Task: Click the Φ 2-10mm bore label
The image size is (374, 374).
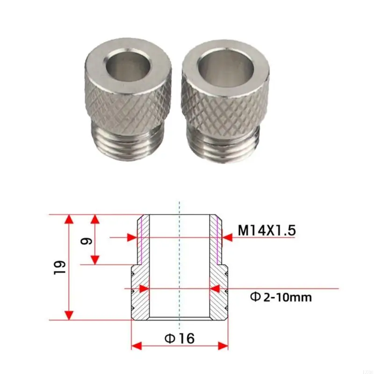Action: (280, 297)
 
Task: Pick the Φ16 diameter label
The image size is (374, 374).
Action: (179, 338)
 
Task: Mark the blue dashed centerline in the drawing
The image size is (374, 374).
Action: (179, 262)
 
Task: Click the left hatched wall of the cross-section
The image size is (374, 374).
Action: (141, 280)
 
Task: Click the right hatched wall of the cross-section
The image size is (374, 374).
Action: (217, 280)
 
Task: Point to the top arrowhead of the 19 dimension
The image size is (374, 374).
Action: (69, 219)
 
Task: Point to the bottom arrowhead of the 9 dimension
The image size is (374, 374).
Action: (95, 260)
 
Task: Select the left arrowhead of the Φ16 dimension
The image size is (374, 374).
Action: (136, 346)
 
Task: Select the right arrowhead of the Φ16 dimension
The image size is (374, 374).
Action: (223, 346)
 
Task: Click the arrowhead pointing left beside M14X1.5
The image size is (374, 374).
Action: (227, 237)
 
